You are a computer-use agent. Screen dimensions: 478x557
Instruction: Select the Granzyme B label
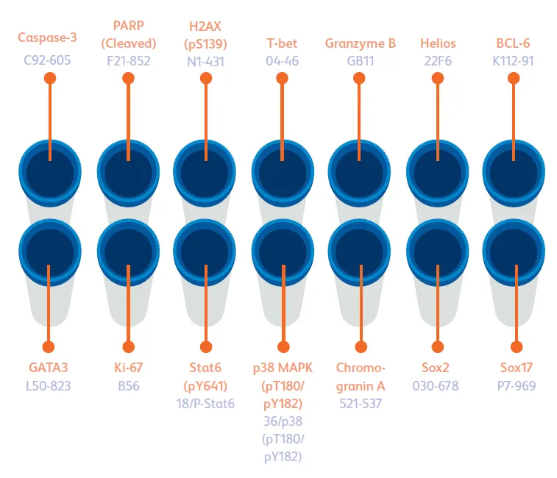tap(361, 43)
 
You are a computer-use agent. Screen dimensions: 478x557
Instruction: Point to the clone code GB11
tap(361, 60)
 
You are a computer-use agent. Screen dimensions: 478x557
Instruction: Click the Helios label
tap(439, 43)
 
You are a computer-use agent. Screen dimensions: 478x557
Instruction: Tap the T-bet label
tap(283, 43)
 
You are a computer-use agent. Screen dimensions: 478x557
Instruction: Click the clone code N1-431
tap(207, 60)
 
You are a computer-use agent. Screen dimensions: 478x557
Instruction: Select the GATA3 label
tap(48, 367)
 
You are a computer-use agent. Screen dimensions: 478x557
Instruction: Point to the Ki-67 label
tap(128, 367)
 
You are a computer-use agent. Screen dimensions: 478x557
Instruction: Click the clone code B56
tap(128, 385)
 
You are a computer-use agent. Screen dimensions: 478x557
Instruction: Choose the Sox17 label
tap(515, 367)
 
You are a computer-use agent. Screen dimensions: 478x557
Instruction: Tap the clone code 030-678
tap(439, 385)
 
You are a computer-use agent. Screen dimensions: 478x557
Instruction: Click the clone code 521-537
tap(361, 403)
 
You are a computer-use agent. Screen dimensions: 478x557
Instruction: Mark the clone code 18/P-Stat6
tap(207, 403)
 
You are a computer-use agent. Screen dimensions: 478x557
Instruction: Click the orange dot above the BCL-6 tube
tap(517, 78)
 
